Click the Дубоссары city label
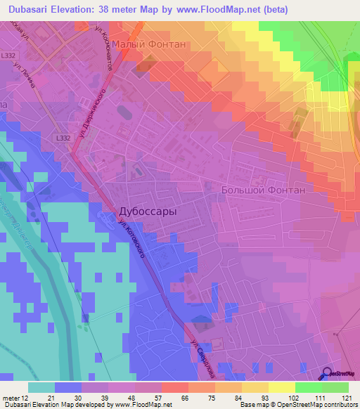pos(146,211)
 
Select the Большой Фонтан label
pos(263,190)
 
